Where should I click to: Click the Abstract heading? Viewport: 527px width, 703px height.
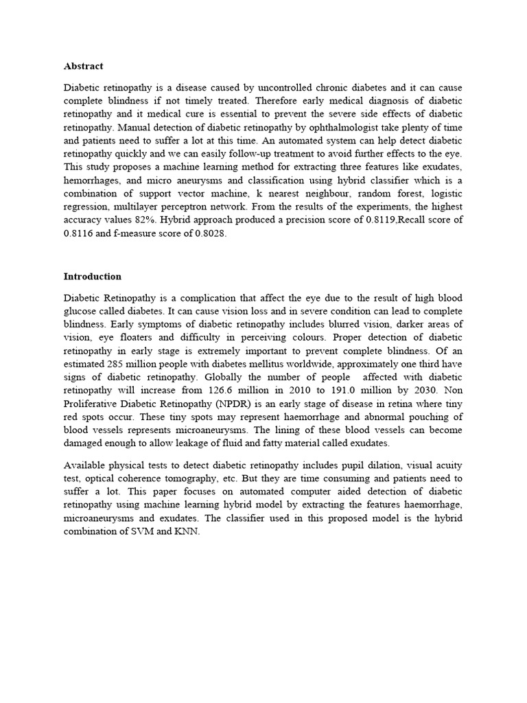click(83, 66)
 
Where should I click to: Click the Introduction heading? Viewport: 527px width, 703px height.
click(92, 277)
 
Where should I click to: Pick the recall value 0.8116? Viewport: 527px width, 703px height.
click(77, 233)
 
